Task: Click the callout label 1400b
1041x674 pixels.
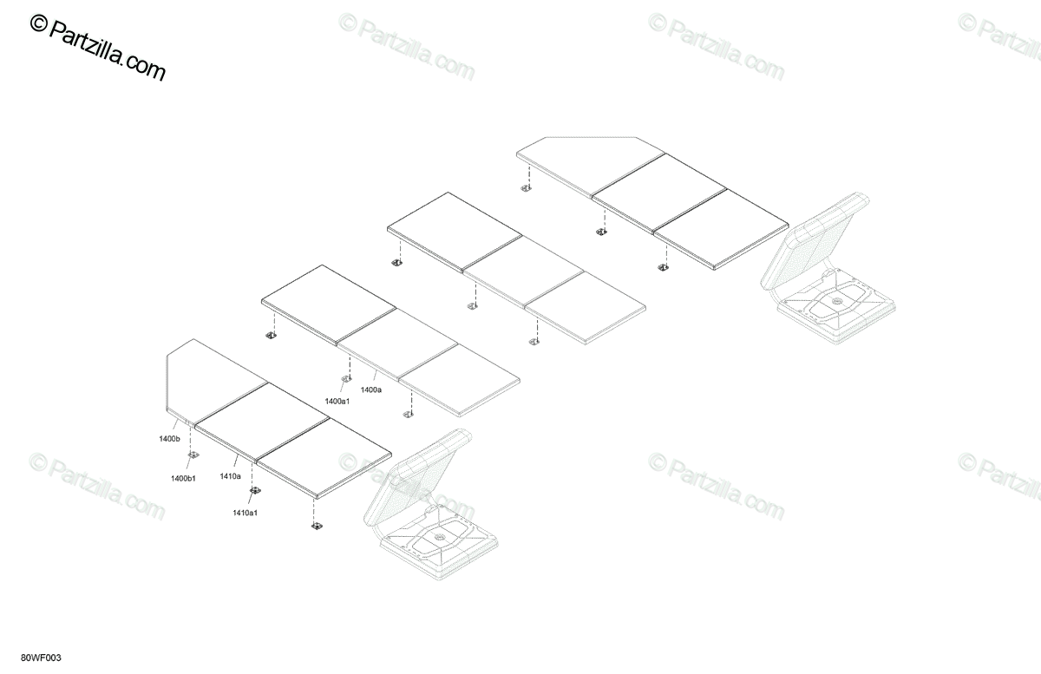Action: (169, 440)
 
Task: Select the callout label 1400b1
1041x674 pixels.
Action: (183, 479)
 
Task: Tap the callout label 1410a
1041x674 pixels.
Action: (230, 476)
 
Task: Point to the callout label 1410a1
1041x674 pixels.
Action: (246, 513)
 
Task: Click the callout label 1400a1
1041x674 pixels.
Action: (337, 401)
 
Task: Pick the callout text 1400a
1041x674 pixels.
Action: (371, 390)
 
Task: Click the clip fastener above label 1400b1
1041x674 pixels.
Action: (193, 457)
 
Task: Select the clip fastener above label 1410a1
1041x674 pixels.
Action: (254, 492)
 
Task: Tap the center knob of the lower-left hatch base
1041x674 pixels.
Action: (438, 540)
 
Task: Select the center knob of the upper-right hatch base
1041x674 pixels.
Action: (835, 301)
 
